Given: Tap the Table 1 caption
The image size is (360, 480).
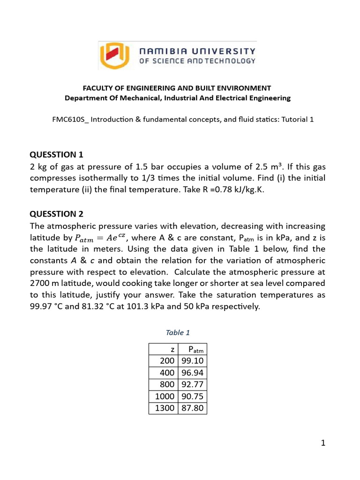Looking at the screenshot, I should [178, 332].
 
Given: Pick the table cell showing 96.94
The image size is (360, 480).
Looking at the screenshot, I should [192, 373].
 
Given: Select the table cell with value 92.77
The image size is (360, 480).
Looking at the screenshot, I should [192, 384].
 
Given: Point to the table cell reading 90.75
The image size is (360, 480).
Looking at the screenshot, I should [192, 397].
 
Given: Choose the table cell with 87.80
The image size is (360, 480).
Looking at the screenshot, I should [192, 408].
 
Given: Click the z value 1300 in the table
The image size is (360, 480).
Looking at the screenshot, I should [164, 408].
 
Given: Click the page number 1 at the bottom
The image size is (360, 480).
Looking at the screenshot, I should [322, 443].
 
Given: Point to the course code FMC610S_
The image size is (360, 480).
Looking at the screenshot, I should [70, 120].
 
